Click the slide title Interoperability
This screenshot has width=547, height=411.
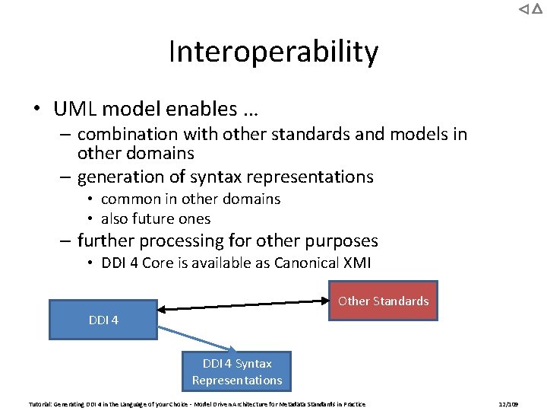[273, 52]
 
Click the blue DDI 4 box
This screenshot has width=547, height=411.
[103, 320]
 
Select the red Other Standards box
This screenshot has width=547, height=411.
[383, 301]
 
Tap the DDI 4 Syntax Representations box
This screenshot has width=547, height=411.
[237, 371]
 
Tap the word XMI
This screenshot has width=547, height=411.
[361, 263]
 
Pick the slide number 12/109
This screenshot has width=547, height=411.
[507, 404]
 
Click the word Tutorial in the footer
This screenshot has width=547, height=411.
[41, 404]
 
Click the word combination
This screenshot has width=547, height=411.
[127, 134]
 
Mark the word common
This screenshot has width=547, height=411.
[130, 199]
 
